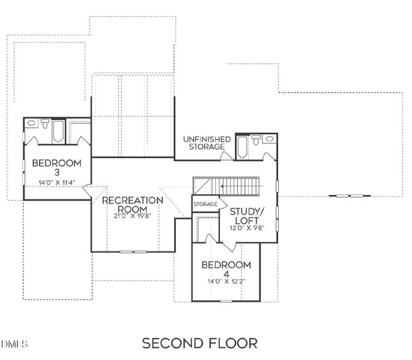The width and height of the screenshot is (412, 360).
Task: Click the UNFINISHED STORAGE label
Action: (x=207, y=143)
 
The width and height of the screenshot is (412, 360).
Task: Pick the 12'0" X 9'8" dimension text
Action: (x=247, y=227)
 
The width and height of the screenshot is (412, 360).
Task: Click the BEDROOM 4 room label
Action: (x=226, y=269)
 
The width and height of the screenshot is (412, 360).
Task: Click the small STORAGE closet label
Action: (x=205, y=205)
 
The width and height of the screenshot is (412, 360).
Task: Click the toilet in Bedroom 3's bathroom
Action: (x=46, y=125)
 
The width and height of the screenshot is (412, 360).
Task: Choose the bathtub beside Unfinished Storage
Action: (x=241, y=146)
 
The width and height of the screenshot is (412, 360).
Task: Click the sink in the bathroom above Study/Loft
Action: (x=270, y=139)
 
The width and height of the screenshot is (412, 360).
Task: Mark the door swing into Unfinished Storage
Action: (x=228, y=156)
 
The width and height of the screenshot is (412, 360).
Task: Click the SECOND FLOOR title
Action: (x=200, y=343)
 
